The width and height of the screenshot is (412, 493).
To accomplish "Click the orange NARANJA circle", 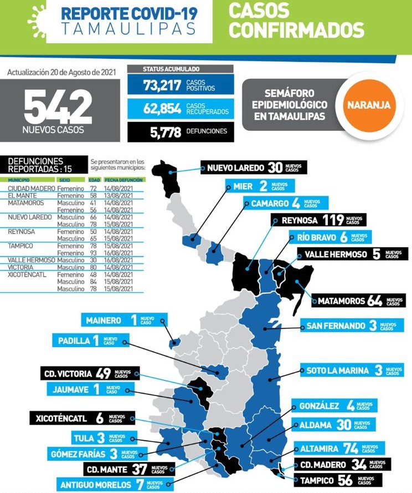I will tap(368, 104).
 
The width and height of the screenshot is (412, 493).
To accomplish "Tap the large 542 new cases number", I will tap(58, 107).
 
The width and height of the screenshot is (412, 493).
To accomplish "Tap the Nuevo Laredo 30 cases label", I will tap(253, 168).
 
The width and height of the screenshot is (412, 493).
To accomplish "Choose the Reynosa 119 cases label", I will tap(318, 220).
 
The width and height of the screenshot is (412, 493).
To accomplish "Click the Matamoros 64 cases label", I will tap(358, 301).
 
